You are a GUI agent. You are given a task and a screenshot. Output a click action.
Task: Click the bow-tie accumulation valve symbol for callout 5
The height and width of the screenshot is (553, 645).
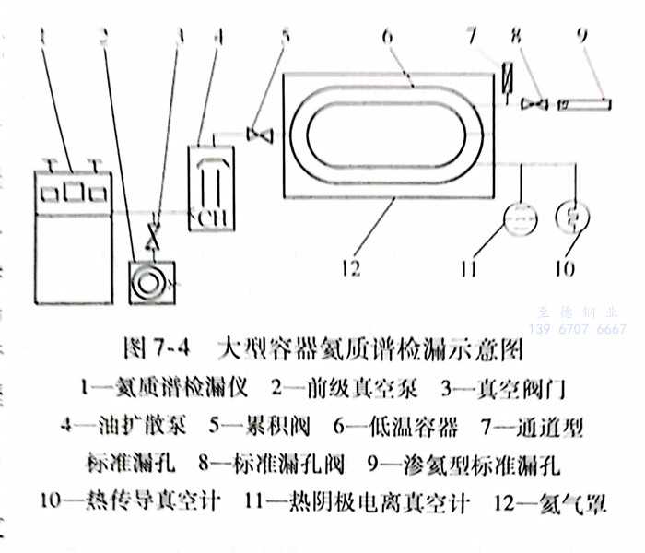(x=261, y=135)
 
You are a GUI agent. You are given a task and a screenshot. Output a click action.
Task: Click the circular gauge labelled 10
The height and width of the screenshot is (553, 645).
(x=572, y=220)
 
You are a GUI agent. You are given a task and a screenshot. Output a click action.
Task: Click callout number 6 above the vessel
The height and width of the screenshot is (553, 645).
(x=388, y=35)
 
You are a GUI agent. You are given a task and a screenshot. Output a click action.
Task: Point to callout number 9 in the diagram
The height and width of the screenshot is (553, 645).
(x=580, y=35)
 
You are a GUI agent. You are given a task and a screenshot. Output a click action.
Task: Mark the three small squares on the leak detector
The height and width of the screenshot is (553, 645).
(x=70, y=192)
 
